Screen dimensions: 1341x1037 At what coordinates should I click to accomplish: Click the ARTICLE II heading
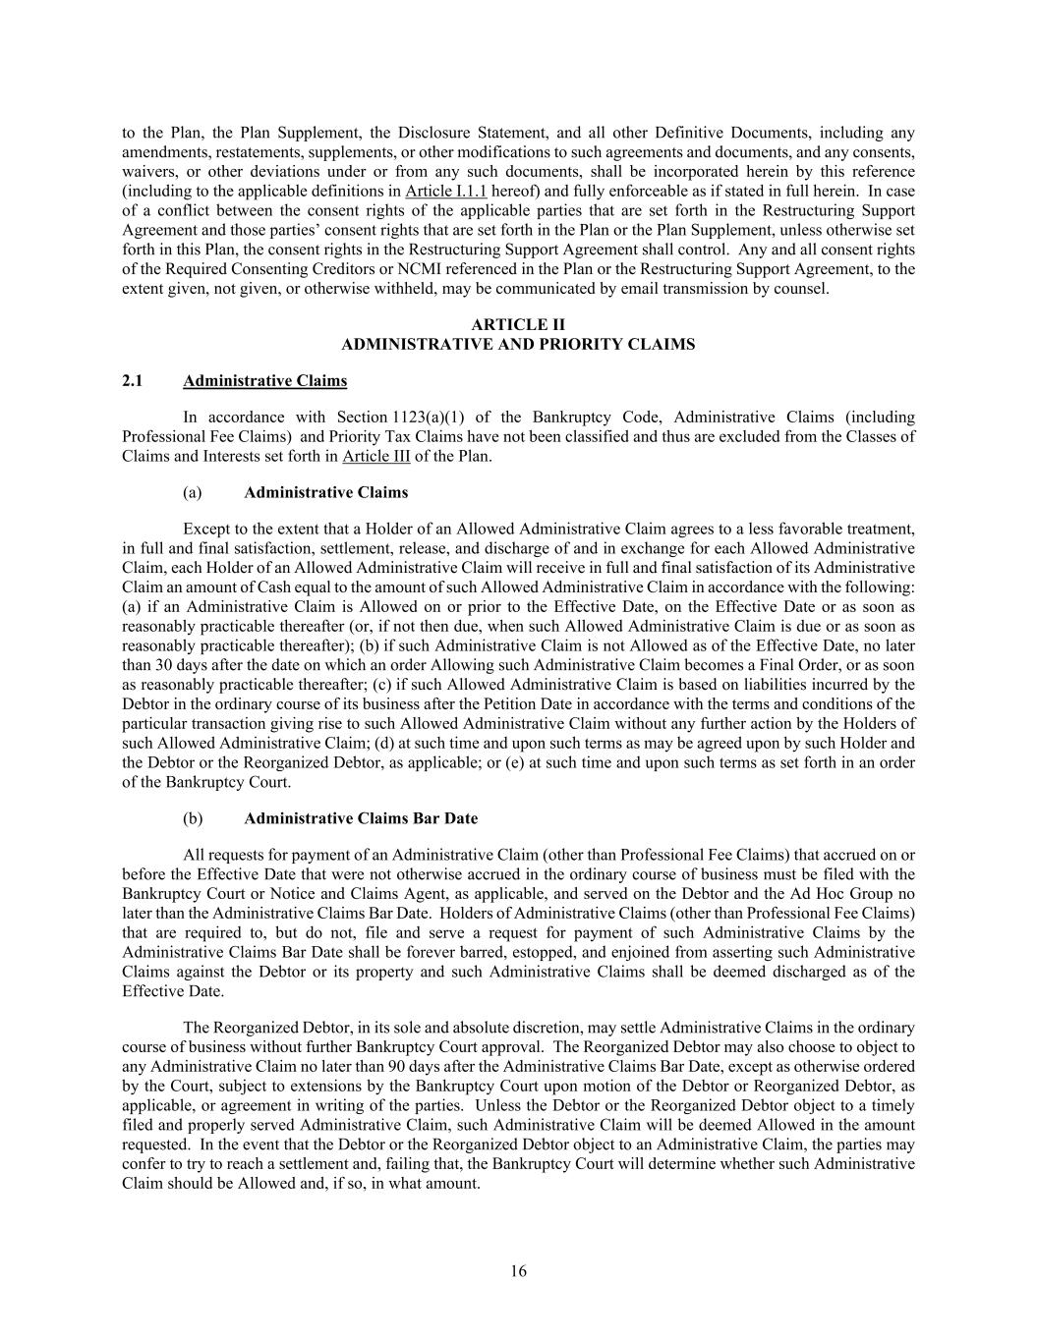(x=518, y=325)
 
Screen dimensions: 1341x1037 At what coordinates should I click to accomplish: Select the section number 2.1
(x=133, y=381)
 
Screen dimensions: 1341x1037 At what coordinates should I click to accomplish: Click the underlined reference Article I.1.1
(x=445, y=191)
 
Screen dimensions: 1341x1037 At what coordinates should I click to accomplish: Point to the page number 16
(x=518, y=1271)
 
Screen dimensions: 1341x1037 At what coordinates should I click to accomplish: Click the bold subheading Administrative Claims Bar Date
(x=361, y=818)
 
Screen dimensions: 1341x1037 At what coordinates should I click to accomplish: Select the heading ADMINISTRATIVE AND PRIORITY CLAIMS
(x=518, y=345)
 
